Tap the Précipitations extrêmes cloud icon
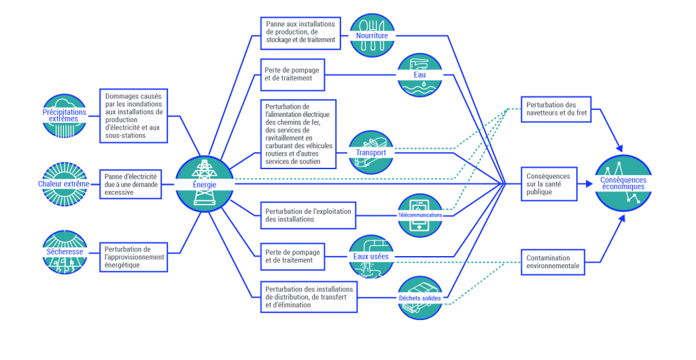point(64,115)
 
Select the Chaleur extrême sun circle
point(64,184)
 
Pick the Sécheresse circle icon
point(64,252)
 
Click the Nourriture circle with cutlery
point(372,35)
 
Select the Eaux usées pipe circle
point(372,257)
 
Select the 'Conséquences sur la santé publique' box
point(549,184)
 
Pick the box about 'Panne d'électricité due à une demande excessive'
point(131,184)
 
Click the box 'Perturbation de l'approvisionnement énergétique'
point(133,257)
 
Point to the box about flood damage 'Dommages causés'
point(134,116)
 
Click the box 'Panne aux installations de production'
point(300,32)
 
